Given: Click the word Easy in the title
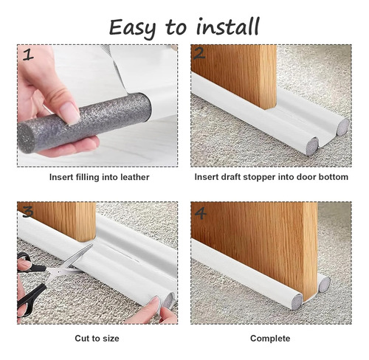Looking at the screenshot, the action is coord(132,28).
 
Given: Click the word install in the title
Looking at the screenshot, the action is coord(228,26).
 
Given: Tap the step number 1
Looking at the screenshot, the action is coord(28,55).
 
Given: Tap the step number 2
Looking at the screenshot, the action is coord(199,54).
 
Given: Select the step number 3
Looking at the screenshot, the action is coord(28,212).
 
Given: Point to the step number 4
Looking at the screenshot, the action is coord(201,213).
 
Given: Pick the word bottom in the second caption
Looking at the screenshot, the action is coord(334,177).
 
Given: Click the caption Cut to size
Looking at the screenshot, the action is coord(97,339).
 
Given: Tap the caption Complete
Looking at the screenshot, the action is coord(270,339).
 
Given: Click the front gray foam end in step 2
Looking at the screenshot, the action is coord(312,147).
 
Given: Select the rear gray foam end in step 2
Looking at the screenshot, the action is coord(342,128).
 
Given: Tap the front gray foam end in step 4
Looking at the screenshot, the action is coord(297,302).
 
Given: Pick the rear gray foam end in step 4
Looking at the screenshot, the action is coord(324,285).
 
